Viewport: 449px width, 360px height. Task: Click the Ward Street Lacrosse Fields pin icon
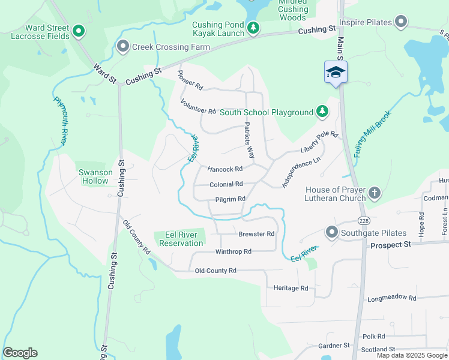click(77, 30)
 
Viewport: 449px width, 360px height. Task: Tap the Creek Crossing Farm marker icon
click(124, 46)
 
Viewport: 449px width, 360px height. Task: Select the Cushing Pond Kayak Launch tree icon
click(254, 28)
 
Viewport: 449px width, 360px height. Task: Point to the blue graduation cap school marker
click(336, 73)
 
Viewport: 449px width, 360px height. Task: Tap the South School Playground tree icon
click(322, 112)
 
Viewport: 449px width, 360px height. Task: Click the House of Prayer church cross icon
click(375, 193)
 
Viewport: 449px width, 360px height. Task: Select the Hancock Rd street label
click(225, 169)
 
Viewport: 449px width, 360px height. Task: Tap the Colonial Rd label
click(226, 184)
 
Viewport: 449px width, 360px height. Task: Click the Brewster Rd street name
click(256, 234)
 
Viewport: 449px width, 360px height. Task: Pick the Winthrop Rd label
click(233, 251)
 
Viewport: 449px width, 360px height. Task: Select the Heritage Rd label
click(291, 288)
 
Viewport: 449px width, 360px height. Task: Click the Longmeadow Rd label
click(391, 298)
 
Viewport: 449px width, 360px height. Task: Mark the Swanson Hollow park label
click(95, 176)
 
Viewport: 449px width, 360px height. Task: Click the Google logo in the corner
click(20, 353)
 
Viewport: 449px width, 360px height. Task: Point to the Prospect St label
click(390, 245)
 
